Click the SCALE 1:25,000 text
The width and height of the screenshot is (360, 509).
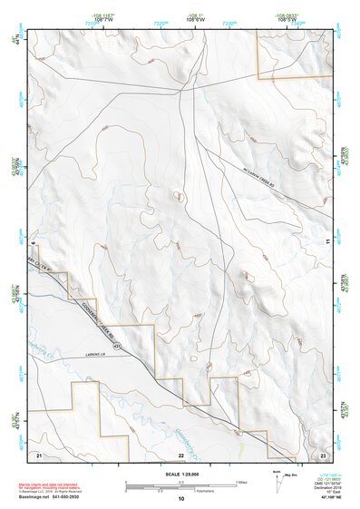click(x=180, y=474)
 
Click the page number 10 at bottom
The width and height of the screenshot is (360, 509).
click(x=180, y=499)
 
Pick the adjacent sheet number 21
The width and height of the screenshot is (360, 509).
click(x=39, y=453)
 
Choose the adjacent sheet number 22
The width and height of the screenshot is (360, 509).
click(x=180, y=453)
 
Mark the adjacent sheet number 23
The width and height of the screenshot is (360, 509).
click(x=323, y=453)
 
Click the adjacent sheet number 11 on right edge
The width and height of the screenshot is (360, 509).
click(x=329, y=240)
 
